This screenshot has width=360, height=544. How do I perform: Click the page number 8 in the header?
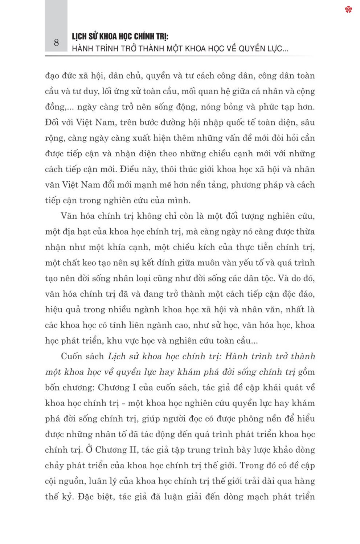click(56, 43)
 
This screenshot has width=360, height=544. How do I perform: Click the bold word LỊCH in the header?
click(80, 36)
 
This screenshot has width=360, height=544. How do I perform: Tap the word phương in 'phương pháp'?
click(247, 185)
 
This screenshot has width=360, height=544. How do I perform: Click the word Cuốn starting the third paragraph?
click(73, 357)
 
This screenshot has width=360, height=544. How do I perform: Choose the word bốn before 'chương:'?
click(52, 388)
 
